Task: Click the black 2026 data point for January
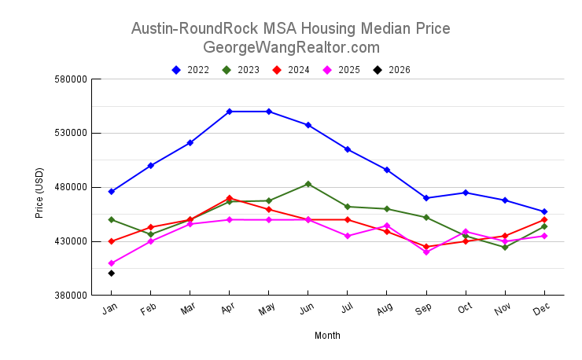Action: click(112, 273)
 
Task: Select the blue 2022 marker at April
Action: click(230, 112)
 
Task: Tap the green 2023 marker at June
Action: click(308, 184)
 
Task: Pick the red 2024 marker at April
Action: click(230, 198)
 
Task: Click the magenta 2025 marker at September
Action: click(426, 252)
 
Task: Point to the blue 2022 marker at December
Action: click(544, 211)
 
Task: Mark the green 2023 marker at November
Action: click(505, 247)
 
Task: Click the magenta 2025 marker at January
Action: click(112, 263)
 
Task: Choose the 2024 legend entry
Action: click(292, 70)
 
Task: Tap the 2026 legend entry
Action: click(392, 70)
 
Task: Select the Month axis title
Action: click(327, 336)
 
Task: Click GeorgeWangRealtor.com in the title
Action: click(291, 47)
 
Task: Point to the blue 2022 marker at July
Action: click(348, 149)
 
